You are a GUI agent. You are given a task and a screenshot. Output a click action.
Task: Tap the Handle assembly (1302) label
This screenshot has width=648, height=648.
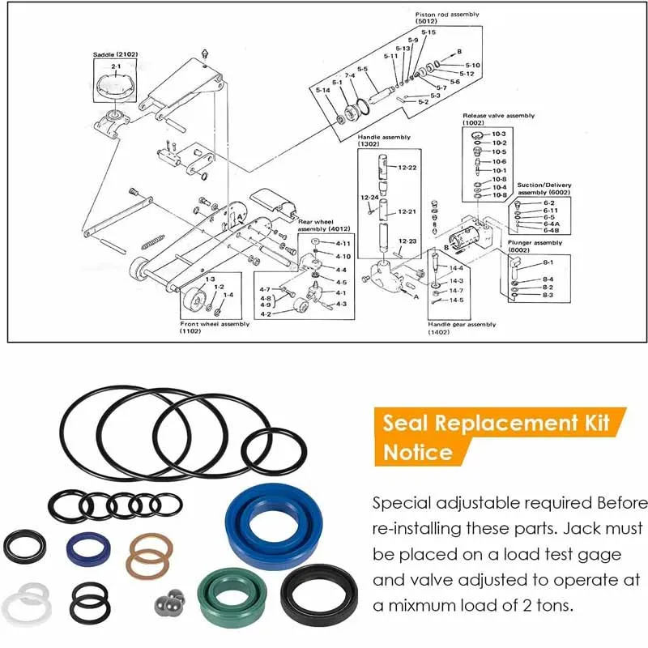[384, 141]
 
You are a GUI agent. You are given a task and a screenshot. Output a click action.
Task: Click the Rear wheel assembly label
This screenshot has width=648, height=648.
[315, 224]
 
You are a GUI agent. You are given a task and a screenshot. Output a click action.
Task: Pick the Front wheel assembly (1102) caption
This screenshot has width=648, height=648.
[215, 327]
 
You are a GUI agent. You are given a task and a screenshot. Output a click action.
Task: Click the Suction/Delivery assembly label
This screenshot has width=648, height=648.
[544, 189]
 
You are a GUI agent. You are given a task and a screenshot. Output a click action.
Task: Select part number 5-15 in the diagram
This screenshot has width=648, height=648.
[428, 32]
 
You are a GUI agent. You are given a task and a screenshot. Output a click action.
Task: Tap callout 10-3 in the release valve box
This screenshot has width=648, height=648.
[499, 133]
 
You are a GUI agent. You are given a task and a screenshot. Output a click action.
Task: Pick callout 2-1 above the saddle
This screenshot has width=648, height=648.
[116, 66]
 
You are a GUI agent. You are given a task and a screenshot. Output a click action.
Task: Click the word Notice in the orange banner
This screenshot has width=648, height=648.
[416, 451]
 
